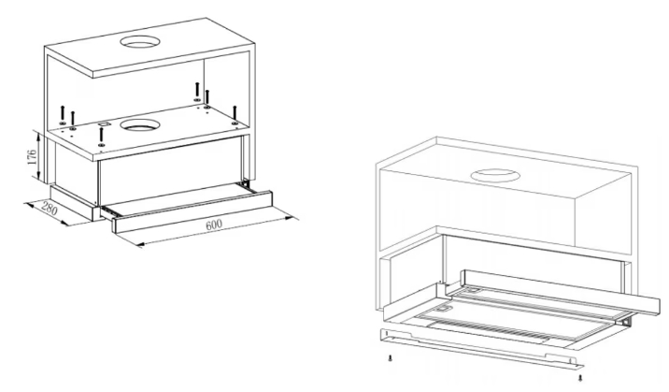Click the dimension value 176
tap(32, 159)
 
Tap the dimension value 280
tap(50, 210)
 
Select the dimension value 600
tap(214, 225)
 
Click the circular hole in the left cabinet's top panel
tap(140, 41)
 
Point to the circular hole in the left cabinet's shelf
tap(140, 124)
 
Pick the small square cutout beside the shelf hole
tap(103, 123)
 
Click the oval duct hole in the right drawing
tap(495, 176)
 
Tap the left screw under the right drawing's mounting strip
tap(390, 357)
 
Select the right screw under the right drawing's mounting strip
tap(580, 377)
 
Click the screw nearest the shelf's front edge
tap(101, 138)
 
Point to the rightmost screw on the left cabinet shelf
tap(235, 115)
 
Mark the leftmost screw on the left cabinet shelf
tap(63, 115)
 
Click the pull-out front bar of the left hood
tap(192, 211)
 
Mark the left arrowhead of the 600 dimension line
tap(140, 245)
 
